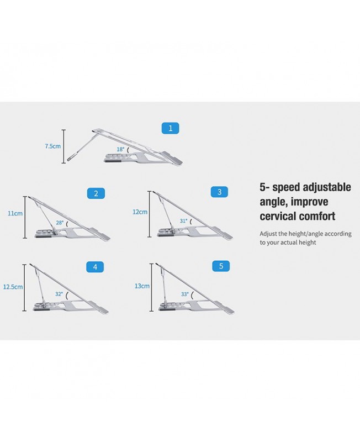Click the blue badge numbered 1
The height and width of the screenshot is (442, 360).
pos(170,128)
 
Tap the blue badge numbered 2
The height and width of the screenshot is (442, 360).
pos(96,193)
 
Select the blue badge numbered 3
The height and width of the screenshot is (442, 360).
pos(219,192)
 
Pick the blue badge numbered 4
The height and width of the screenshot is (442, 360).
pos(95,267)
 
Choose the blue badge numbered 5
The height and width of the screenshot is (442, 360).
pos(221,266)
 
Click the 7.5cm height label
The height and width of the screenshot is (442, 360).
pos(52,146)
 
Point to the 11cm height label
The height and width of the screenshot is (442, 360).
pos(15,213)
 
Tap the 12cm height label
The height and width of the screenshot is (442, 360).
pos(140,212)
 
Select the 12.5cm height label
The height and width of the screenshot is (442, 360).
pos(13,287)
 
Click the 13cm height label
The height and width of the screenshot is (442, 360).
pos(142,286)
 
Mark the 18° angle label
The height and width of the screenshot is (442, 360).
pos(120,149)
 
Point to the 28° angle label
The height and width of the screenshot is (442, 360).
pos(60,223)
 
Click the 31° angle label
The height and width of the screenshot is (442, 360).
pos(184,221)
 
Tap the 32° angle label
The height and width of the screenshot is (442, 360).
pos(59,294)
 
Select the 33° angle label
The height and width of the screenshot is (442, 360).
pos(185,294)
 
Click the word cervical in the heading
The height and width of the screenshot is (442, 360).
pos(278,216)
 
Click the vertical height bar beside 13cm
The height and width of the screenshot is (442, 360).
pos(152,287)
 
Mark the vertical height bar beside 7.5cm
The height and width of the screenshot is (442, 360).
pos(63,146)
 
